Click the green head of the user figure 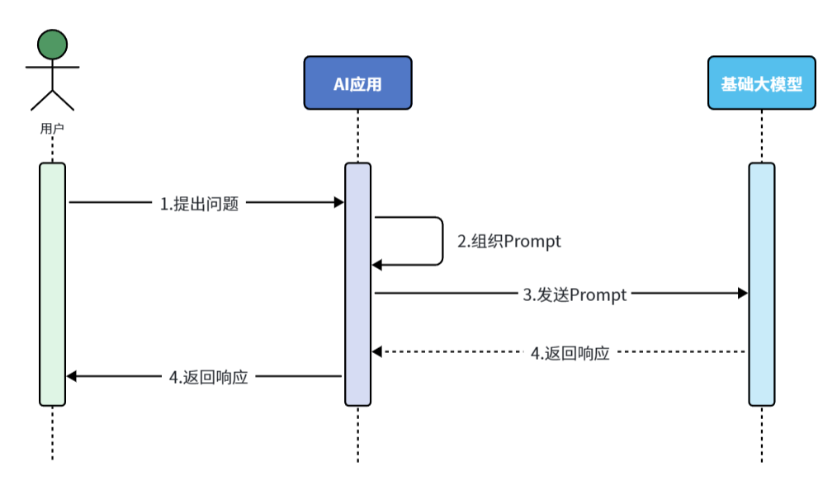click(x=52, y=44)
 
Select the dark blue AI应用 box click(x=357, y=83)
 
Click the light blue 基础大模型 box click(x=761, y=83)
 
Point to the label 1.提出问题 click(x=199, y=204)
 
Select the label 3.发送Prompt click(x=575, y=294)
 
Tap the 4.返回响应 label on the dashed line click(x=570, y=353)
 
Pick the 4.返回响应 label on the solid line click(x=208, y=377)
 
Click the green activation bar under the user click(x=52, y=285)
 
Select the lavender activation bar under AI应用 click(x=357, y=285)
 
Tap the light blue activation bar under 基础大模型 click(x=761, y=285)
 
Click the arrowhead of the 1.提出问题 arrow click(x=338, y=203)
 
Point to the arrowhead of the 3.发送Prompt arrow click(x=742, y=293)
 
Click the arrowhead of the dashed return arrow click(x=377, y=352)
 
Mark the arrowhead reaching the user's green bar click(x=72, y=376)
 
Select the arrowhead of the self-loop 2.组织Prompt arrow click(x=377, y=265)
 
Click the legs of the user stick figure click(x=52, y=100)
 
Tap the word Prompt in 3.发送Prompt click(x=598, y=294)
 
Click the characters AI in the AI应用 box click(x=342, y=83)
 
